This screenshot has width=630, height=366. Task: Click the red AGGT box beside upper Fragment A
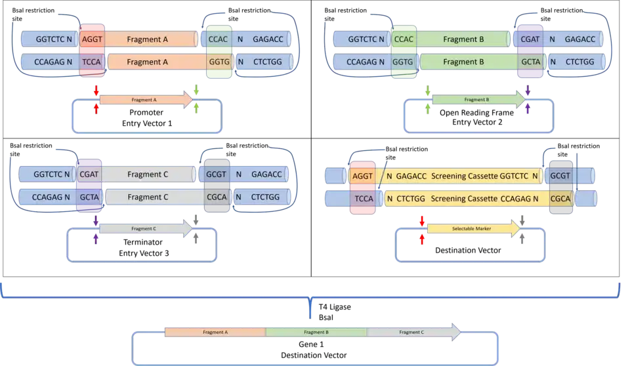coord(92,39)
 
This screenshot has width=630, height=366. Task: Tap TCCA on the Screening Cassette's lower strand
coord(364,198)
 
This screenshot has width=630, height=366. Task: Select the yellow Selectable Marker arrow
coord(473,229)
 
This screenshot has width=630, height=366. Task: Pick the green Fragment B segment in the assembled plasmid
coord(316,333)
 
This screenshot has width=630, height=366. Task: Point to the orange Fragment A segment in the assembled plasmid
coord(215,333)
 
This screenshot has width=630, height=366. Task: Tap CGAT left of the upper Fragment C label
coord(89,174)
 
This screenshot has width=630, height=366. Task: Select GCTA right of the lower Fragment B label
coord(530,62)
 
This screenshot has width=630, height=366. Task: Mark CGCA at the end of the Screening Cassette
coord(561,198)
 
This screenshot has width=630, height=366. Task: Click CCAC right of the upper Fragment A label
coord(218,39)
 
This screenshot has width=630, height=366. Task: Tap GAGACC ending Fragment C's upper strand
coord(266,174)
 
